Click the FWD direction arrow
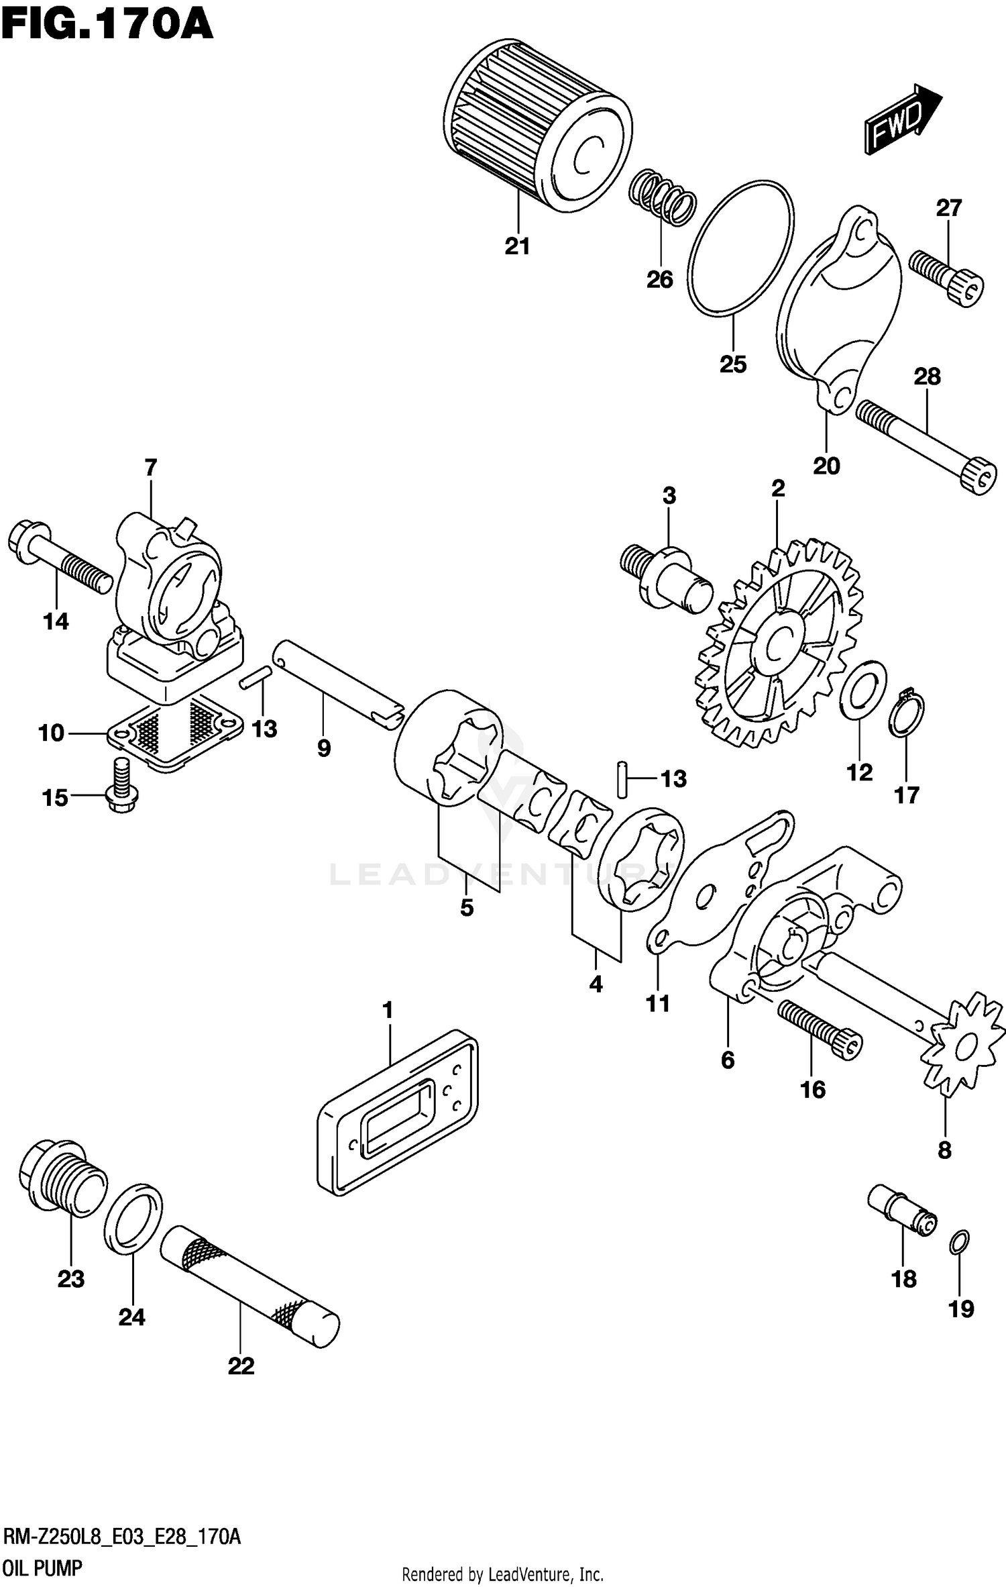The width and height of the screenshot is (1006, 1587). click(x=901, y=121)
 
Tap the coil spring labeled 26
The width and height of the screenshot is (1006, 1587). click(x=662, y=196)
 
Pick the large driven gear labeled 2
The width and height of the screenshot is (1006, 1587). click(x=778, y=644)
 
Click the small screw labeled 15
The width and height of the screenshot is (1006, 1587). click(x=121, y=785)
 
